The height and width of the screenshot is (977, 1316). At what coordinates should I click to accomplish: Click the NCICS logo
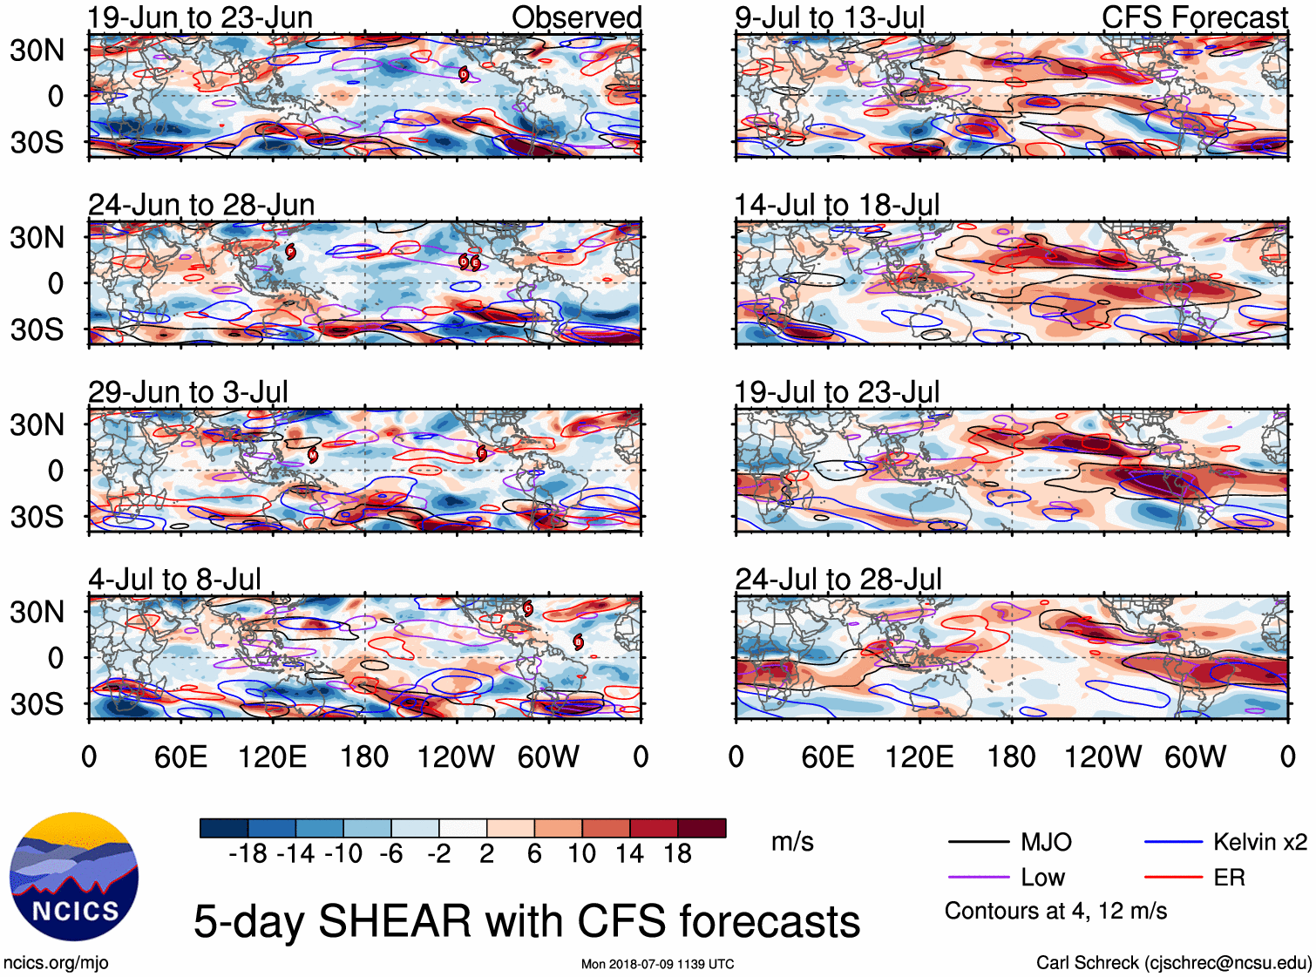[x=74, y=877]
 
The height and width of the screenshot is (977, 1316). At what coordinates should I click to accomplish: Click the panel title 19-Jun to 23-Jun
[x=200, y=17]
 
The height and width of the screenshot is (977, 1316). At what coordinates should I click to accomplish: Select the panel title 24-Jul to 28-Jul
[x=838, y=580]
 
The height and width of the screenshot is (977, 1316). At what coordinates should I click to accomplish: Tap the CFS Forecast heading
[x=1194, y=17]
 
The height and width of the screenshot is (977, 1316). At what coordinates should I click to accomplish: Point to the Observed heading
[x=576, y=17]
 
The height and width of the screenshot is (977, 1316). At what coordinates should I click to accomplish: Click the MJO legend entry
[x=1046, y=842]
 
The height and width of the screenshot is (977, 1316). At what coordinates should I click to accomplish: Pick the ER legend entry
[x=1229, y=878]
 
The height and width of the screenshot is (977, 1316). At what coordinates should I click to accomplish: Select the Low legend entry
[x=1042, y=878]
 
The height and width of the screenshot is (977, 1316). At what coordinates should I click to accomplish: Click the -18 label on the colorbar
[x=248, y=854]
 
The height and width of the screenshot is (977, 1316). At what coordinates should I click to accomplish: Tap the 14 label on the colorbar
[x=628, y=854]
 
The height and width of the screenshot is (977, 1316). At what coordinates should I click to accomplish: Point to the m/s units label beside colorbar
[x=792, y=842]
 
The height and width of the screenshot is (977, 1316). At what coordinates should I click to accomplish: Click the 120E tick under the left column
[x=272, y=756]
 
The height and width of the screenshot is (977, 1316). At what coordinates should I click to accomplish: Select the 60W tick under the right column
[x=1195, y=756]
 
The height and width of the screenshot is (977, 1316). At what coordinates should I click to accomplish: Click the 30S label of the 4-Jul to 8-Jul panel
[x=37, y=704]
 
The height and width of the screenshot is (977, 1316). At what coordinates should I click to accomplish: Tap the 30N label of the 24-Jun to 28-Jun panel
[x=37, y=237]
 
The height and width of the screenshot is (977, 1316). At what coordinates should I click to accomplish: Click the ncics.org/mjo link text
[x=56, y=963]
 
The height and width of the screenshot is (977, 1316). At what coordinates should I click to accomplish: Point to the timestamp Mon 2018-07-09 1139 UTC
[x=657, y=964]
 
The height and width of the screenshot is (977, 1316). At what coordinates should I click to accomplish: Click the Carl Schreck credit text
[x=1173, y=963]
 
